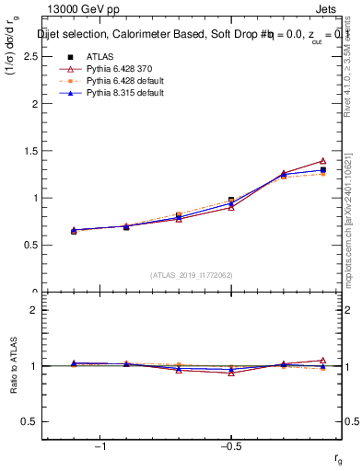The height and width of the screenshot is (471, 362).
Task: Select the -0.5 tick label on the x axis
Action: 230,446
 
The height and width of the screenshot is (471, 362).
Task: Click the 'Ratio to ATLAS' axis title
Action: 15,365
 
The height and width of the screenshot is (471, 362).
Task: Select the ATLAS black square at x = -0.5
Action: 231,200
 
